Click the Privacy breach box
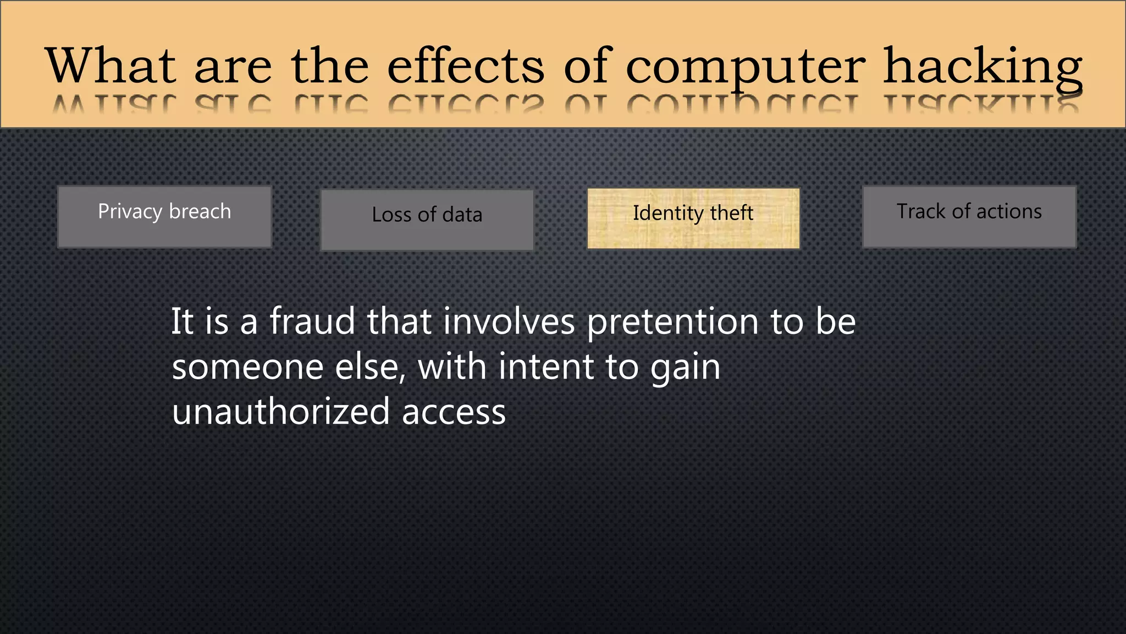tap(164, 217)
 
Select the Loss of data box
tap(427, 220)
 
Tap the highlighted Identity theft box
tap(693, 218)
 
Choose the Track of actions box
tap(969, 217)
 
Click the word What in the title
tap(111, 66)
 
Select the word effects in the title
tap(466, 66)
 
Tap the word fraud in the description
tap(312, 321)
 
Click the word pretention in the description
tap(674, 323)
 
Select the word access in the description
tap(454, 413)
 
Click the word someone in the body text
tap(247, 367)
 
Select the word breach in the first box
tap(200, 211)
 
